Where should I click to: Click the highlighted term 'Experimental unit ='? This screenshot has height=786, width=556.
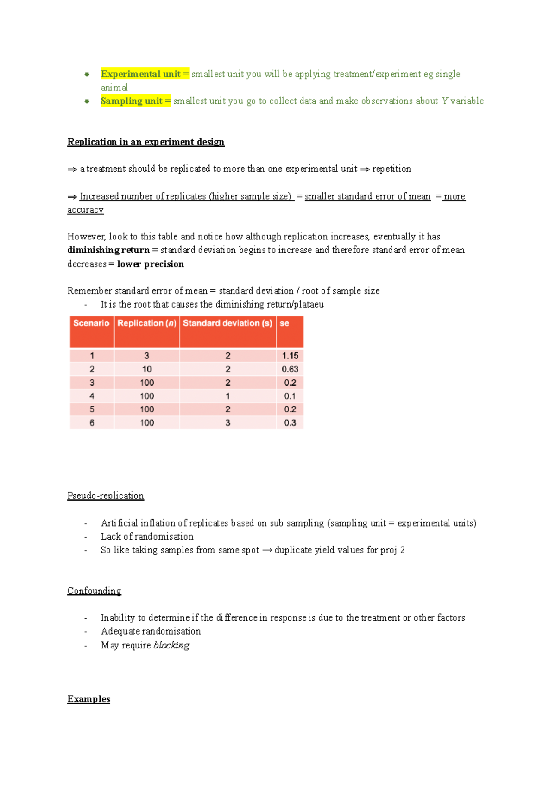(x=145, y=74)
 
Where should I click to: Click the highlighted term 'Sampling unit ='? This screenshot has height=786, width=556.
(x=135, y=101)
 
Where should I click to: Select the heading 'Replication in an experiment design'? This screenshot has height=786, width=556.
(x=145, y=142)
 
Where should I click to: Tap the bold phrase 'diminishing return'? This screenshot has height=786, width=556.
(x=108, y=250)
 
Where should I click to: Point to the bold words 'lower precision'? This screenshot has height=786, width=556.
(x=151, y=264)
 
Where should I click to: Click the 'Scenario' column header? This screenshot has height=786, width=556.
(x=91, y=323)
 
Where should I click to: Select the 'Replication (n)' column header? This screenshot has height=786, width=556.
(x=146, y=323)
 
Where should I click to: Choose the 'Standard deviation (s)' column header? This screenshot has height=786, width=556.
(x=227, y=323)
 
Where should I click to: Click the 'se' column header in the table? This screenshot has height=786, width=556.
(x=284, y=323)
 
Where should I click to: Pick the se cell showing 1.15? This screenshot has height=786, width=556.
(x=290, y=356)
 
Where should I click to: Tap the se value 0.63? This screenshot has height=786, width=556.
(x=290, y=369)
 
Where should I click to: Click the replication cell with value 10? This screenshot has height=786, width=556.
(x=147, y=369)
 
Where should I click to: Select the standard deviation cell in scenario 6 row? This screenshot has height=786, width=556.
(x=227, y=423)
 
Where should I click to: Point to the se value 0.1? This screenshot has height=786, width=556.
(x=290, y=396)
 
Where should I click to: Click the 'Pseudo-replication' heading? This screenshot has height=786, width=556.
(x=106, y=496)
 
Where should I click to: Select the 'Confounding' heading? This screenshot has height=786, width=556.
(x=94, y=591)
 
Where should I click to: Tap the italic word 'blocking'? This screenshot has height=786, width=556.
(x=171, y=645)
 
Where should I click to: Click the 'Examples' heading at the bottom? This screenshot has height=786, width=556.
(x=88, y=699)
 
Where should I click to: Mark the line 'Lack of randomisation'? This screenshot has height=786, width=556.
(x=147, y=537)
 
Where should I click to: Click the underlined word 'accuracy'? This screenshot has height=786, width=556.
(x=85, y=210)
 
